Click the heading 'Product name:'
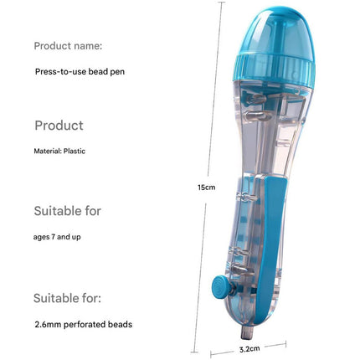pyautogui.click(x=68, y=46)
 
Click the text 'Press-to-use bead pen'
pyautogui.click(x=80, y=72)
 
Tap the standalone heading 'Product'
pyautogui.click(x=59, y=126)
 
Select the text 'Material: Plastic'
pyautogui.click(x=59, y=152)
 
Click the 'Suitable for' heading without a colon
pyautogui.click(x=67, y=211)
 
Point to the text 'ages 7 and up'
pyautogui.click(x=57, y=237)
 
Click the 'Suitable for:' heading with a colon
pyautogui.click(x=67, y=298)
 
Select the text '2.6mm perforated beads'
pyautogui.click(x=84, y=325)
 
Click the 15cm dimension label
pyautogui.click(x=207, y=188)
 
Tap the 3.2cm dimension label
pyautogui.click(x=249, y=349)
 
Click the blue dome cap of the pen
pyautogui.click(x=276, y=33)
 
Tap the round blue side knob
pyautogui.click(x=220, y=287)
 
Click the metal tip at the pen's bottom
pyautogui.click(x=247, y=332)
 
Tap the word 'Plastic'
pyautogui.click(x=75, y=152)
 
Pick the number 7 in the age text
pyautogui.click(x=53, y=237)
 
